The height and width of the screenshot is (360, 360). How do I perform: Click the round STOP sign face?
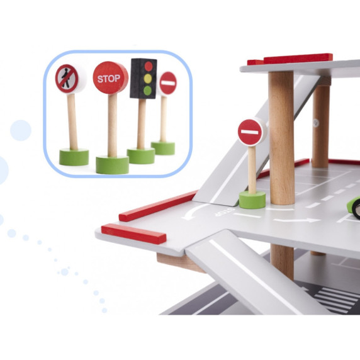pyautogui.click(x=110, y=77)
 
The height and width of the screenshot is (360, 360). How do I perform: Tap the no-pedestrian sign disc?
pyautogui.click(x=67, y=79)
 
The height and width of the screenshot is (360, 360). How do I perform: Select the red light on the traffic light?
pyautogui.click(x=149, y=66)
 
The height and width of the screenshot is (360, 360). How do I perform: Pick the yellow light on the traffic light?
pyautogui.click(x=148, y=79)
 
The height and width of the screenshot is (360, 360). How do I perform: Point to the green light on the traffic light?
pyautogui.click(x=147, y=91)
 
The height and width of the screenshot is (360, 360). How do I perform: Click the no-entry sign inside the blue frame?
pyautogui.click(x=168, y=83)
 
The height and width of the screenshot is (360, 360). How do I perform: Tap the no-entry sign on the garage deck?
pyautogui.click(x=250, y=132)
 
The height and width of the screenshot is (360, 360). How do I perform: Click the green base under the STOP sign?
pyautogui.click(x=112, y=165)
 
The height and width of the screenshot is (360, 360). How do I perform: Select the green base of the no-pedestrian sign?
pyautogui.click(x=74, y=157)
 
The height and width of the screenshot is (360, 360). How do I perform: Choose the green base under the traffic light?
pyautogui.click(x=141, y=155)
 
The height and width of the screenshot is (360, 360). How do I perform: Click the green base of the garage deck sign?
pyautogui.click(x=252, y=200)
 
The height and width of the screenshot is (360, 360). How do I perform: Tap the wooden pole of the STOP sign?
pyautogui.click(x=113, y=125)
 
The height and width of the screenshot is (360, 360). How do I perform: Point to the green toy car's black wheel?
pyautogui.click(x=357, y=210)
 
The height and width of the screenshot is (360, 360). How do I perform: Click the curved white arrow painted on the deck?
pyautogui.click(x=193, y=211)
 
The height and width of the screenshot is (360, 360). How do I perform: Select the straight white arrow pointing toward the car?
pyautogui.click(x=297, y=220)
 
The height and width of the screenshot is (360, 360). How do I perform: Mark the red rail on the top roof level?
pyautogui.click(x=290, y=59)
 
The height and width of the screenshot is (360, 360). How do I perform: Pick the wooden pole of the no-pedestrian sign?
pyautogui.click(x=72, y=121)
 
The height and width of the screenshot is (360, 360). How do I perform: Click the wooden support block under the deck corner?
pyautogui.click(x=179, y=262)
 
